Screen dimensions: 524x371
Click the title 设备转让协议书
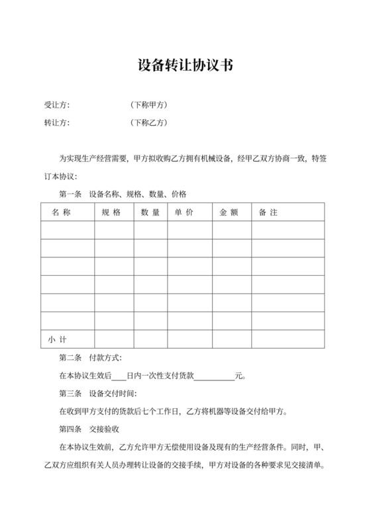pos(185,65)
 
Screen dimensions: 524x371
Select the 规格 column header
pos(111,212)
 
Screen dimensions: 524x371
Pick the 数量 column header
pos(150,212)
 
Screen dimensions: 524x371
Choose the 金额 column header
pos(229,212)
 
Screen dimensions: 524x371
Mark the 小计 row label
pos(57,339)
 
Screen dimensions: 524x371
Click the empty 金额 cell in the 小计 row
pos(229,339)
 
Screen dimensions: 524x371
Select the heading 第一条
pos(70,195)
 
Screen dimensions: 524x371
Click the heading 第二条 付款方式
pos(89,358)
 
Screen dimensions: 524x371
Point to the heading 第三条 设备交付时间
pos(98,394)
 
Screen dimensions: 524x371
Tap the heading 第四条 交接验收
pos(89,429)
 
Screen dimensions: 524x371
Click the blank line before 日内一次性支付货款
pos(119,376)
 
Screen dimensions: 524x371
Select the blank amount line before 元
pos(214,376)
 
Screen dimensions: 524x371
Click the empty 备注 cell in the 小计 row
pos(288,339)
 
